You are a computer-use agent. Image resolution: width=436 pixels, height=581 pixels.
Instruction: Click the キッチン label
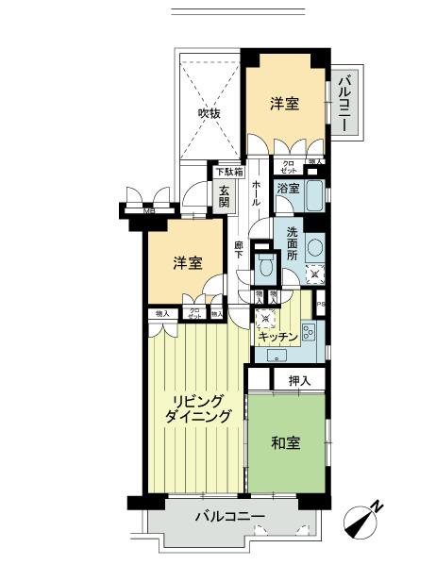(277, 336)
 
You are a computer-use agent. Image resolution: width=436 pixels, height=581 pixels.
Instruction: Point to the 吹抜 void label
(209, 114)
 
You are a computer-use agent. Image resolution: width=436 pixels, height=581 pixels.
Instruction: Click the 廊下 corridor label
(240, 251)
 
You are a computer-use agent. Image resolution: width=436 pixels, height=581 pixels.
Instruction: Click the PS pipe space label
(321, 304)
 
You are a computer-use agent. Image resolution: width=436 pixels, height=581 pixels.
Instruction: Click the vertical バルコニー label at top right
(344, 103)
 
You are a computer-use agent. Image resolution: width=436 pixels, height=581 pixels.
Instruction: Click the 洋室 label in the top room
(284, 104)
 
